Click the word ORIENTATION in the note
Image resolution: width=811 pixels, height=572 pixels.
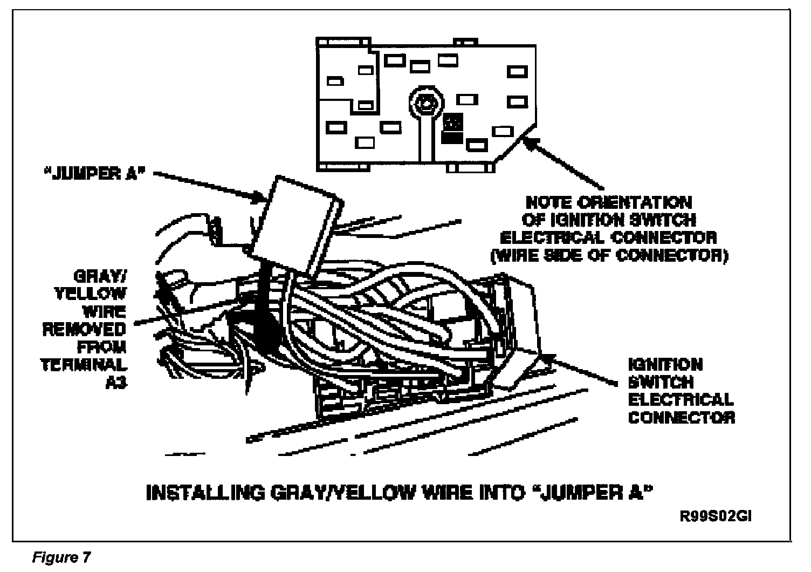634,203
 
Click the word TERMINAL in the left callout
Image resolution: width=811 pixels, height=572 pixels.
84,364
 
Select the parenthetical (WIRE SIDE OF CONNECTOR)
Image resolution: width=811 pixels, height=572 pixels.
609,255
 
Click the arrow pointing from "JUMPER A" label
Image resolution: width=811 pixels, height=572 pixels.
205,187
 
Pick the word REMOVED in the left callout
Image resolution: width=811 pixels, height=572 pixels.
84,329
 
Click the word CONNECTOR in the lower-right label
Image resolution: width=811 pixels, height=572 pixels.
682,417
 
